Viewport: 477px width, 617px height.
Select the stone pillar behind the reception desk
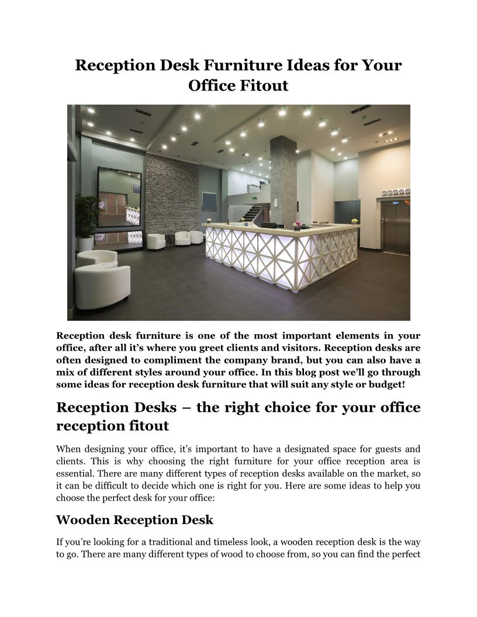coord(282,175)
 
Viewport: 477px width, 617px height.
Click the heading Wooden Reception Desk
coord(134,519)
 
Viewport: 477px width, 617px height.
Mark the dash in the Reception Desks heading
coord(188,407)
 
